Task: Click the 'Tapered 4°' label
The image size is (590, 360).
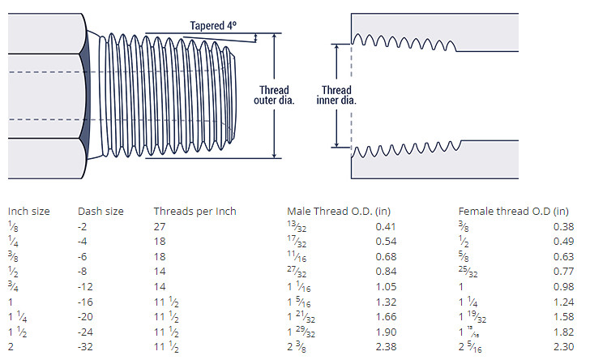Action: (213, 26)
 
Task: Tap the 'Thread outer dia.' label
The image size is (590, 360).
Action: (274, 96)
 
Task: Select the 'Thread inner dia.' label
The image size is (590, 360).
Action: (336, 96)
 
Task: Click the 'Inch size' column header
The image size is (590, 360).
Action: (28, 212)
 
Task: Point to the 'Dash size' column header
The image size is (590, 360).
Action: (100, 212)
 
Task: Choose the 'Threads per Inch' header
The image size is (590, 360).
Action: (195, 212)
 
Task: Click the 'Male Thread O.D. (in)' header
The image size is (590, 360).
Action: (339, 212)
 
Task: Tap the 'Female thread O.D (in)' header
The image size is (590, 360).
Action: (514, 212)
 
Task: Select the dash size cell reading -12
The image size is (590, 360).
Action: (85, 287)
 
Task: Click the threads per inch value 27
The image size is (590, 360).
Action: (160, 227)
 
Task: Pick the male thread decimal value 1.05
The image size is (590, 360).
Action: (386, 287)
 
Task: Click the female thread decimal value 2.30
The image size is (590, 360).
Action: (564, 347)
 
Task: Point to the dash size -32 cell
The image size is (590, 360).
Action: (85, 347)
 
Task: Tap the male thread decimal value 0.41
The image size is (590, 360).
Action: (386, 227)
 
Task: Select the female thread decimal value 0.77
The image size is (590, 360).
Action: (564, 272)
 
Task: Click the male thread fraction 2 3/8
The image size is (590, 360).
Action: (297, 347)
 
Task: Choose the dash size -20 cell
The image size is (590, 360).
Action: (85, 317)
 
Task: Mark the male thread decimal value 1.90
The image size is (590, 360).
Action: (386, 332)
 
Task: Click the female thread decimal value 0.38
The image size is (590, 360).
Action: (564, 227)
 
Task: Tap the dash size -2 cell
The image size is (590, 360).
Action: (82, 227)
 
